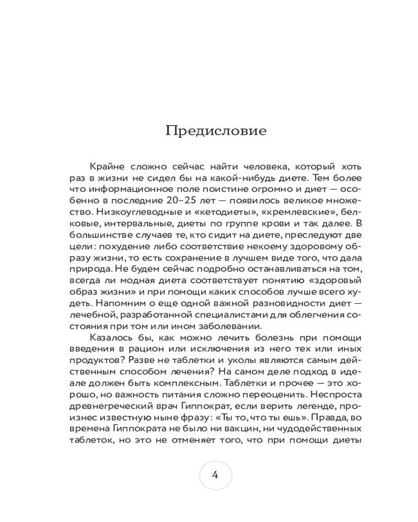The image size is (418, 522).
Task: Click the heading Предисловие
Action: coord(216,130)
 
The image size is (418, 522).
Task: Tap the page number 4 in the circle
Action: coord(215,474)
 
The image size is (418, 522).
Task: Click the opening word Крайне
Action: coord(107,167)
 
